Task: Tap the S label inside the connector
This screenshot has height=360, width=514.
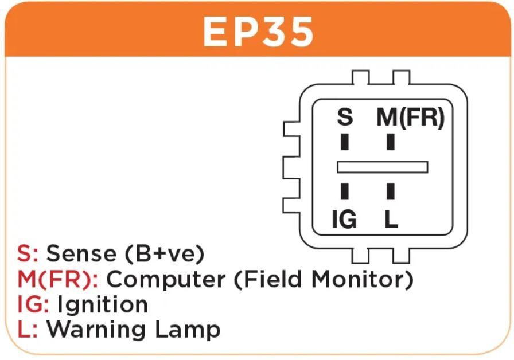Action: click(344, 118)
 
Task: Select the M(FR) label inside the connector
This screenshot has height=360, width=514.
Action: click(410, 118)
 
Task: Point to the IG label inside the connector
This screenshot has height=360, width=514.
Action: click(344, 219)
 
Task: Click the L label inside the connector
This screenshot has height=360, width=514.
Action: click(391, 219)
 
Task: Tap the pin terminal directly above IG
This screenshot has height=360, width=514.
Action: click(345, 191)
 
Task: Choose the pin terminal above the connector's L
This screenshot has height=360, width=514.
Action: click(391, 191)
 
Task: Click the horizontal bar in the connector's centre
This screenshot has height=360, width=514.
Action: click(383, 166)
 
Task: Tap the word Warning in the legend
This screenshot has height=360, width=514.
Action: click(95, 330)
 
